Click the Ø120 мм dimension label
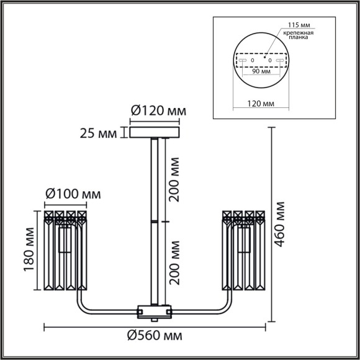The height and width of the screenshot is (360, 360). (x=158, y=112)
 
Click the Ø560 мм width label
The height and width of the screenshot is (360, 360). (x=155, y=336)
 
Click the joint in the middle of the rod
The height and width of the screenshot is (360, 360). (x=154, y=220)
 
